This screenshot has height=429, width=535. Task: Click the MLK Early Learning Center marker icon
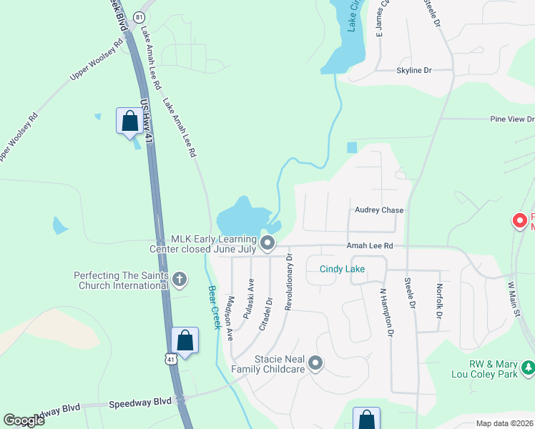tap(267, 244)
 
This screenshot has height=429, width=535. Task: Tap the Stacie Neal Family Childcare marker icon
tap(316, 365)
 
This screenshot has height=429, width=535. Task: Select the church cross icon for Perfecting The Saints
tap(179, 279)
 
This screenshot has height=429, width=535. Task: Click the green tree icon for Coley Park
tap(528, 368)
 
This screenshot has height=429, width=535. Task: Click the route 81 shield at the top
tap(139, 16)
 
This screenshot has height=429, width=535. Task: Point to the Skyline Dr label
tap(414, 71)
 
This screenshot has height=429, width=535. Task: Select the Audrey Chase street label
tap(379, 210)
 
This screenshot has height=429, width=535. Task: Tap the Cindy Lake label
tap(342, 270)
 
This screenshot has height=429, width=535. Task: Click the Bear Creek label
tap(213, 307)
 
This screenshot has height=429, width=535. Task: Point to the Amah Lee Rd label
tap(370, 245)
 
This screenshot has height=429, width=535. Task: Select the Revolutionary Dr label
tap(289, 282)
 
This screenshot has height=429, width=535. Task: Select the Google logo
tap(24, 420)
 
